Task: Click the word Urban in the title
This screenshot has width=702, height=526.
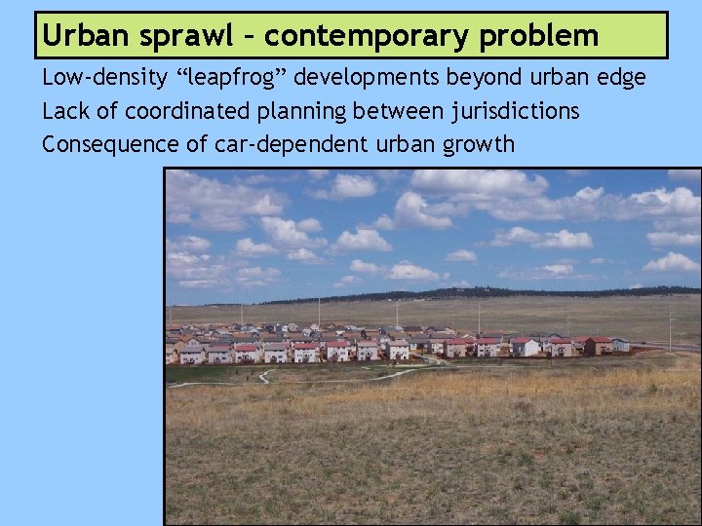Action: point(83,36)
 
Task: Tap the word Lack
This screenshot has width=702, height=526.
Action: point(64,112)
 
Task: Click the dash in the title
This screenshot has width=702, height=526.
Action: point(250,37)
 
